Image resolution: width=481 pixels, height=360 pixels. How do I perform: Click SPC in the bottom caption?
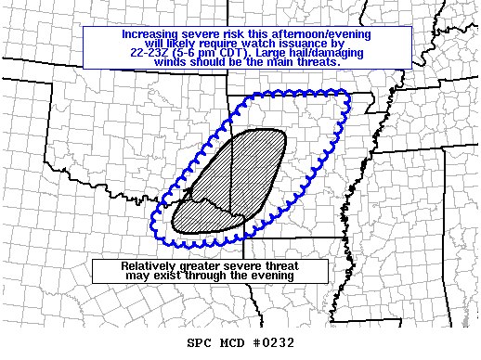pos(200,342)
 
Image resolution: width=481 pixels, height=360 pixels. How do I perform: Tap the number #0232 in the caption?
pos(274,342)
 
